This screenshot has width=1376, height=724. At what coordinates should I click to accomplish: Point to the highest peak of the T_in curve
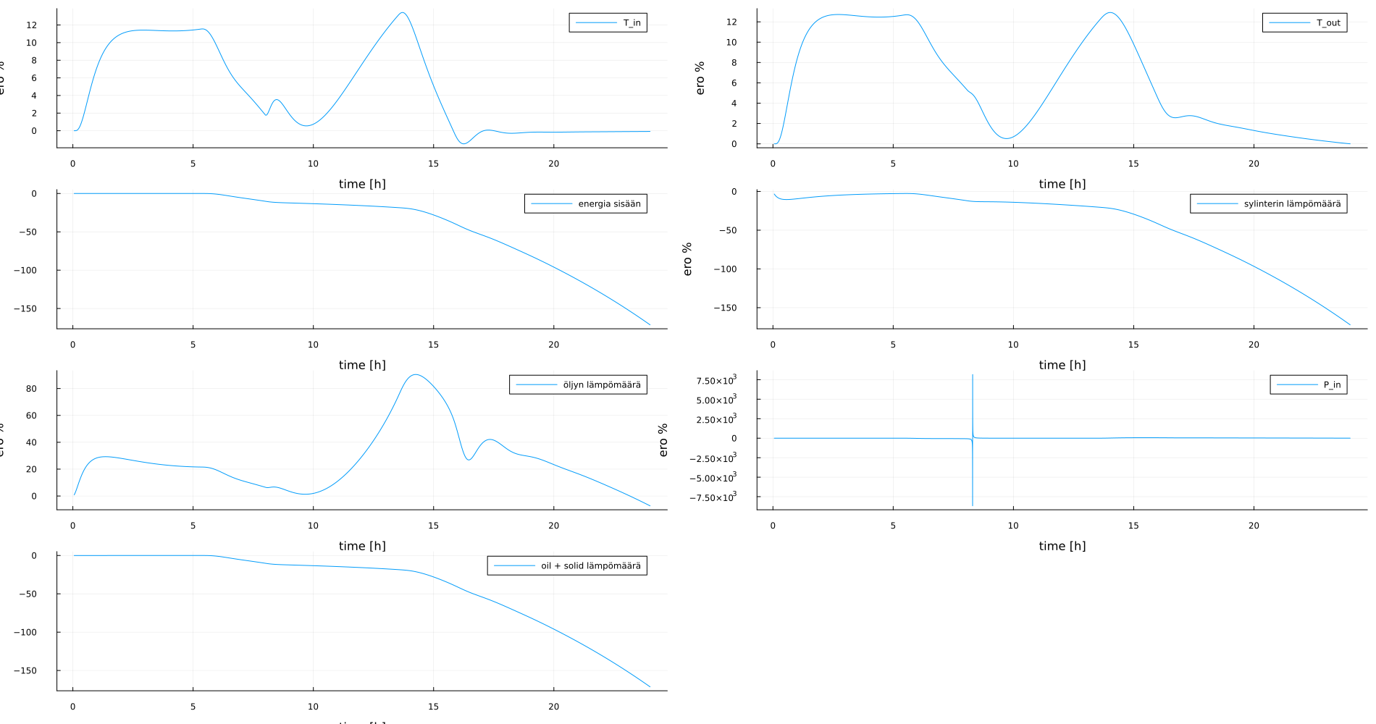pos(403,12)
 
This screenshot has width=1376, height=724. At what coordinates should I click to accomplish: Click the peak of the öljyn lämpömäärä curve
pos(414,374)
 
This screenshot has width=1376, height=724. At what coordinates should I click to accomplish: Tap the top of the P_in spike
pos(972,375)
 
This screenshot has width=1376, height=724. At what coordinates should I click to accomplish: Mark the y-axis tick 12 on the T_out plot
pos(731,22)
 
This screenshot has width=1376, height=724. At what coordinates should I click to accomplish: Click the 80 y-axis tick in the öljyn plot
pos(31,389)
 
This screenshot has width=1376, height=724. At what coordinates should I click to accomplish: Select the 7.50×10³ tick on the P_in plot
pos(716,381)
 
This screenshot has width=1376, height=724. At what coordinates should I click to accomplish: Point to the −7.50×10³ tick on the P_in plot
pos(713,497)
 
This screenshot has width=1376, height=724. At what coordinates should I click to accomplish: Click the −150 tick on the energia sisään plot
pos(25,308)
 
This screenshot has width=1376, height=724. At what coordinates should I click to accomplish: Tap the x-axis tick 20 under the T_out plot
pos(1254,164)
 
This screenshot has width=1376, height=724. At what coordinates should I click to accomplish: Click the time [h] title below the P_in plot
pos(1062,546)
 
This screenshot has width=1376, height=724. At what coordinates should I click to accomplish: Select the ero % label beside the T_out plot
pos(700,78)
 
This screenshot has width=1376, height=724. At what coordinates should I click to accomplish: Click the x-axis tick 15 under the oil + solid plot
pos(433,707)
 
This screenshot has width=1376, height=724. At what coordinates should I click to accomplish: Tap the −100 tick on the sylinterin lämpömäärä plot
pos(725,269)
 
